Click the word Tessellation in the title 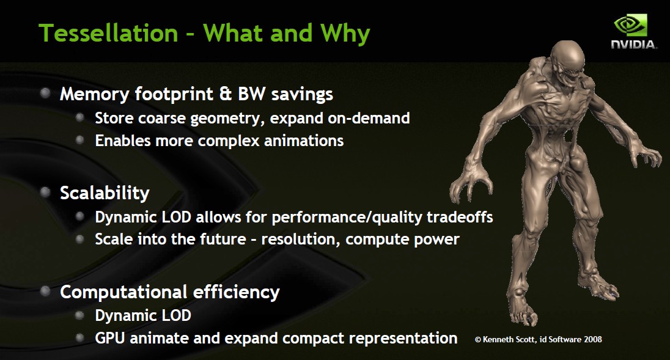coord(108,33)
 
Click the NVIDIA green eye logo coord(631,26)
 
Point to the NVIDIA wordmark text coord(634,45)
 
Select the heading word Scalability coord(105,193)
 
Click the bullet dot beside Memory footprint coord(45,93)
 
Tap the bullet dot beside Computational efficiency coord(45,291)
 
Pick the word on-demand coord(369,118)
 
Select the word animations coord(304,141)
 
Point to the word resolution coord(301,239)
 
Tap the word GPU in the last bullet coord(110,338)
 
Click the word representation coord(403,339)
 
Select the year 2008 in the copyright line coord(592,339)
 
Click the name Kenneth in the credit coord(497,339)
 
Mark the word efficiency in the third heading coord(237,293)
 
